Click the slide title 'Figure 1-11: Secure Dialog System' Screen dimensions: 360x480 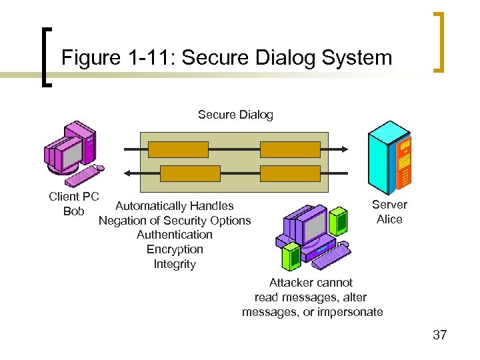point(227,58)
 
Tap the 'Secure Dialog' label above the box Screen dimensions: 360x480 point(235,115)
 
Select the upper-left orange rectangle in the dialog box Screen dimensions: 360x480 point(178,149)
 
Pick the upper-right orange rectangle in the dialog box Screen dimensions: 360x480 point(290,149)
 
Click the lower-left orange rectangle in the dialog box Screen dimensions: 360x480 point(178,173)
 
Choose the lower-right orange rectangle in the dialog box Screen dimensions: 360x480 point(290,173)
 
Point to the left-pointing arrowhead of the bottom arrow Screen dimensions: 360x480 point(127,173)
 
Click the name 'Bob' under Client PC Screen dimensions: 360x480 point(73,211)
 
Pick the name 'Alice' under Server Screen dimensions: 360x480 point(389,219)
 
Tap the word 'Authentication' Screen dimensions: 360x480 point(174,235)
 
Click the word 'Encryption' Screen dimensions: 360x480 point(175,249)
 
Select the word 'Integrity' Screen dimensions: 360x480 point(175,264)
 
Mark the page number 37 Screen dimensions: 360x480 point(439,335)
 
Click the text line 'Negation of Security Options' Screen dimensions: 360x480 point(175,221)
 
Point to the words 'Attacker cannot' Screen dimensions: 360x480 point(311,283)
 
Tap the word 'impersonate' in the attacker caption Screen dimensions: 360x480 point(352,312)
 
